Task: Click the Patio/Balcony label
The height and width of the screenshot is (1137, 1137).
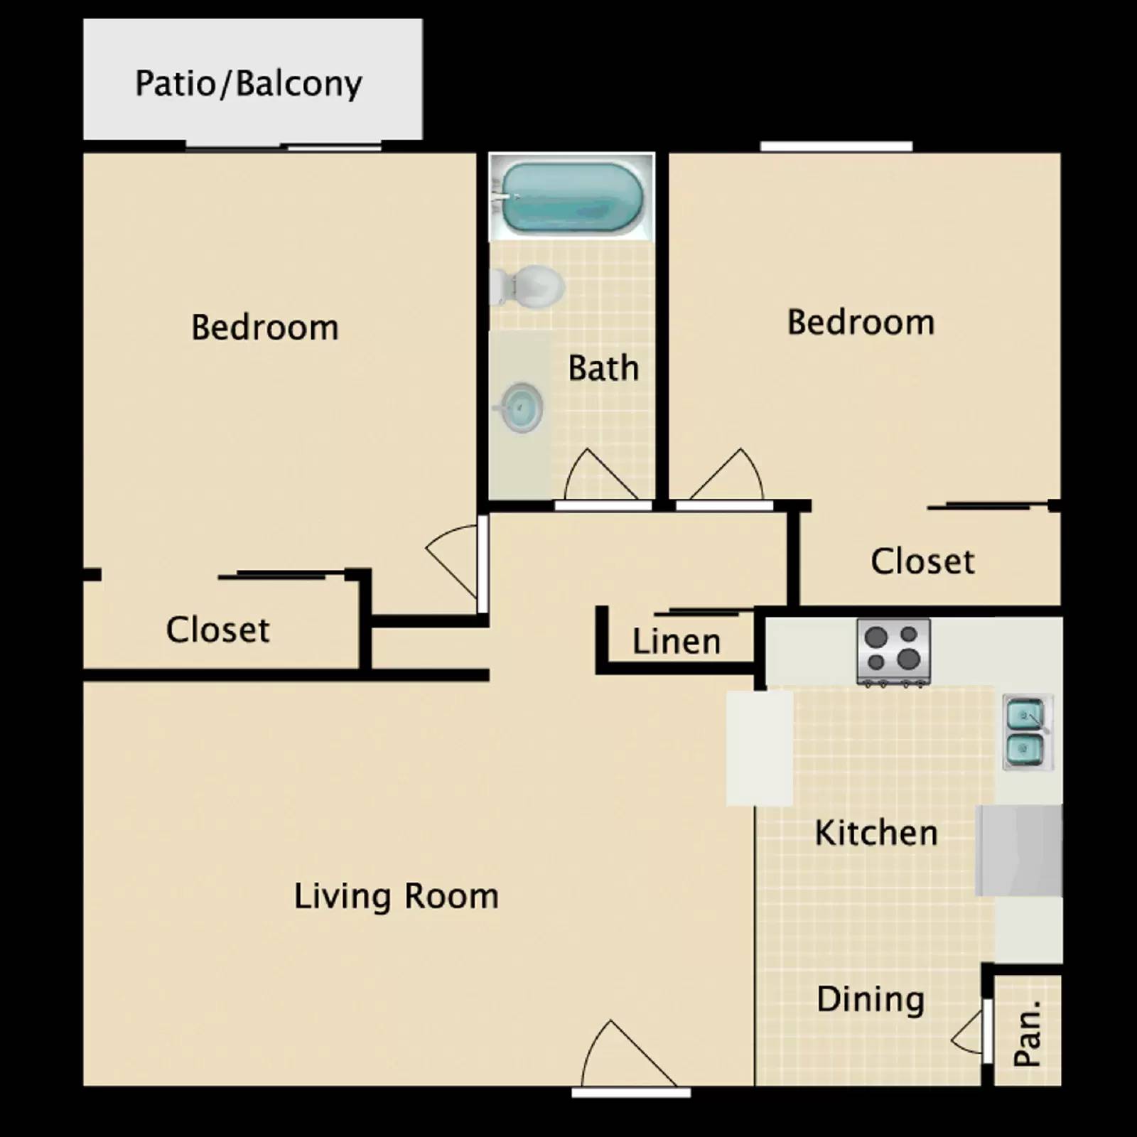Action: point(249,84)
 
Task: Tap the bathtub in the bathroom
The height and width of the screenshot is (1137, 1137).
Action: point(572,197)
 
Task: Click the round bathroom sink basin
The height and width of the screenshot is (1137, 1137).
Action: point(522,407)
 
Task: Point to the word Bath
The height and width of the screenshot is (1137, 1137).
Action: point(603,368)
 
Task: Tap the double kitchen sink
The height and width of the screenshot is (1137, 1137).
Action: point(1027,732)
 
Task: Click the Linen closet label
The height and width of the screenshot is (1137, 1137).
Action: point(677,641)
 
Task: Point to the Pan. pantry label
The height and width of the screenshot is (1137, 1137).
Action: point(1028,1033)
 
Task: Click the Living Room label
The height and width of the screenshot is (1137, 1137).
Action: point(396,896)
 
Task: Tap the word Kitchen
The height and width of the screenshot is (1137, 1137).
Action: point(875,833)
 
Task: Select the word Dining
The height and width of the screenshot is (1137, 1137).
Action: point(871,999)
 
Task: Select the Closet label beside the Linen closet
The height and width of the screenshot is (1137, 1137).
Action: point(922,561)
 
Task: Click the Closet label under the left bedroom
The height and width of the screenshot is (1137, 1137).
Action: point(217,630)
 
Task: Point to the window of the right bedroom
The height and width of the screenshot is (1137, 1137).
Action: point(836,146)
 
